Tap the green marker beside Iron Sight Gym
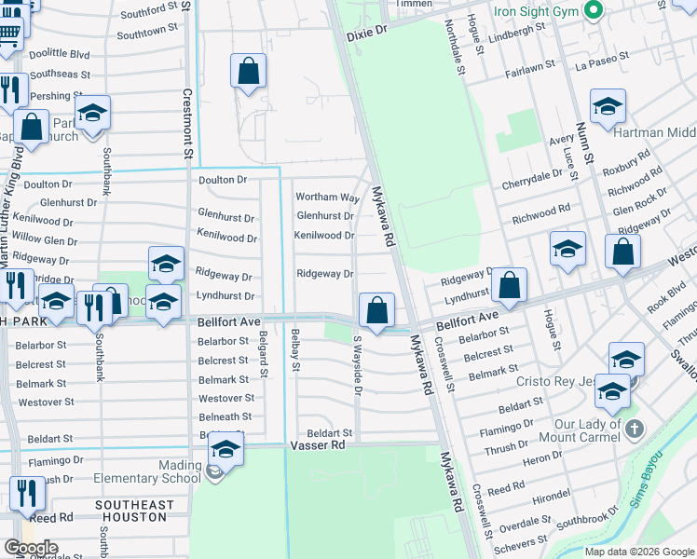click(x=593, y=10)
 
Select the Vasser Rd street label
click(x=319, y=446)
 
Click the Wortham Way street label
click(x=328, y=198)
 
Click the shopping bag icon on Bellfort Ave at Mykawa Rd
click(x=376, y=308)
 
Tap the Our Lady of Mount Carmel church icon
click(x=634, y=429)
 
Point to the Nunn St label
click(x=585, y=144)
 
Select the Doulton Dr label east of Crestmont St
click(x=223, y=179)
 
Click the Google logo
click(x=31, y=548)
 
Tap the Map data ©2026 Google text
click(x=639, y=552)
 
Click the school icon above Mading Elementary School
click(x=225, y=449)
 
